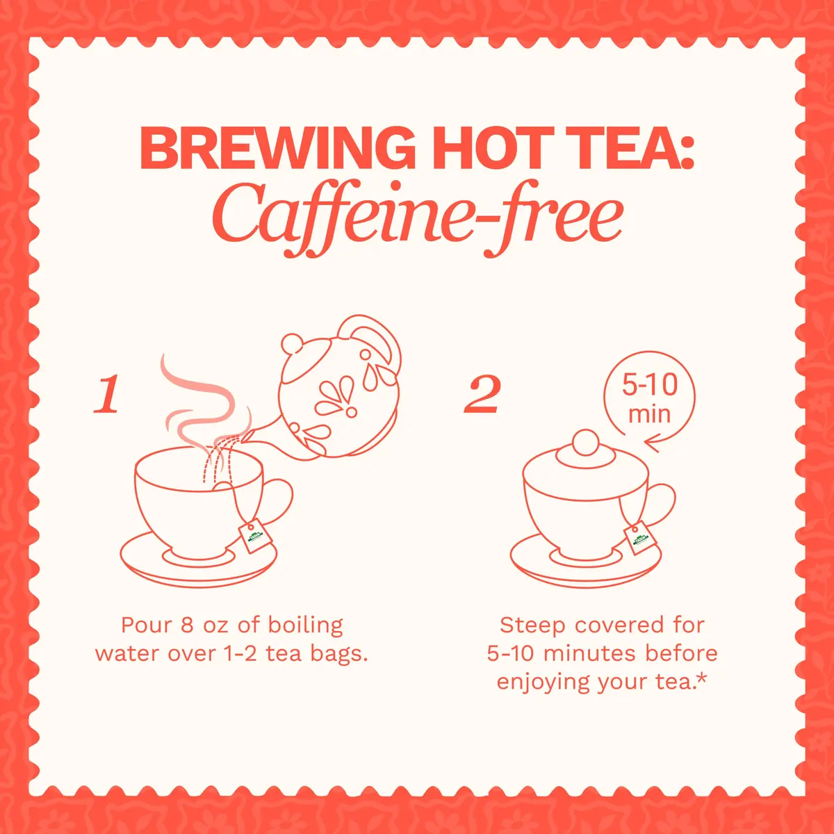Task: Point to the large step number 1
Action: tap(106, 394)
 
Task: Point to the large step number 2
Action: tap(482, 394)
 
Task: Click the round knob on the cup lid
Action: tap(586, 442)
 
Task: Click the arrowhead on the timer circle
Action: tap(652, 445)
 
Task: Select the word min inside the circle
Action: tap(649, 415)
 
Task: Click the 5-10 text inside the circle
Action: tap(650, 385)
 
